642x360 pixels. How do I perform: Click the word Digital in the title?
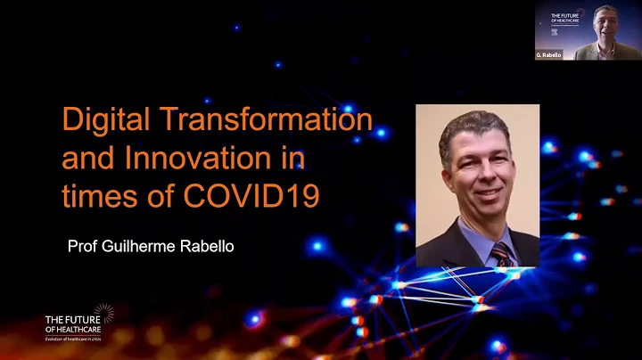tap(99, 119)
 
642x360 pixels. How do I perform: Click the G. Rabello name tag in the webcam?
tap(548, 55)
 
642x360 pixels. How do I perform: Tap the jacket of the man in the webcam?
tap(588, 52)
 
